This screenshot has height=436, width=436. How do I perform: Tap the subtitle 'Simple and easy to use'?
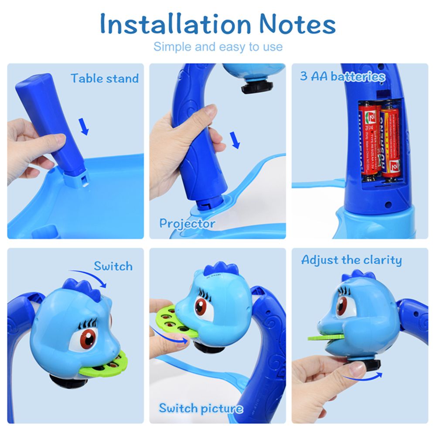click(x=218, y=47)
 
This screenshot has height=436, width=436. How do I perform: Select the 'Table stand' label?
click(x=105, y=78)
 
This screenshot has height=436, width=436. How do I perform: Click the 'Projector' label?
click(x=187, y=224)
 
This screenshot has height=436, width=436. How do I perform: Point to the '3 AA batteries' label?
click(x=343, y=77)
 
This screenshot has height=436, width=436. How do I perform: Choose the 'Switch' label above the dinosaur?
click(x=113, y=266)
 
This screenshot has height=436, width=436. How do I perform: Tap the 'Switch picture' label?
click(x=201, y=409)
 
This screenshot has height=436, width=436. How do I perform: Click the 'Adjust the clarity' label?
click(x=351, y=260)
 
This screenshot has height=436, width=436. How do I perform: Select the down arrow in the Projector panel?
click(x=235, y=141)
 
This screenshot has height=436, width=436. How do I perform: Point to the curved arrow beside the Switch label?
click(x=89, y=278)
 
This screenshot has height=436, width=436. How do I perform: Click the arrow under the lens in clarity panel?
click(x=362, y=375)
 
